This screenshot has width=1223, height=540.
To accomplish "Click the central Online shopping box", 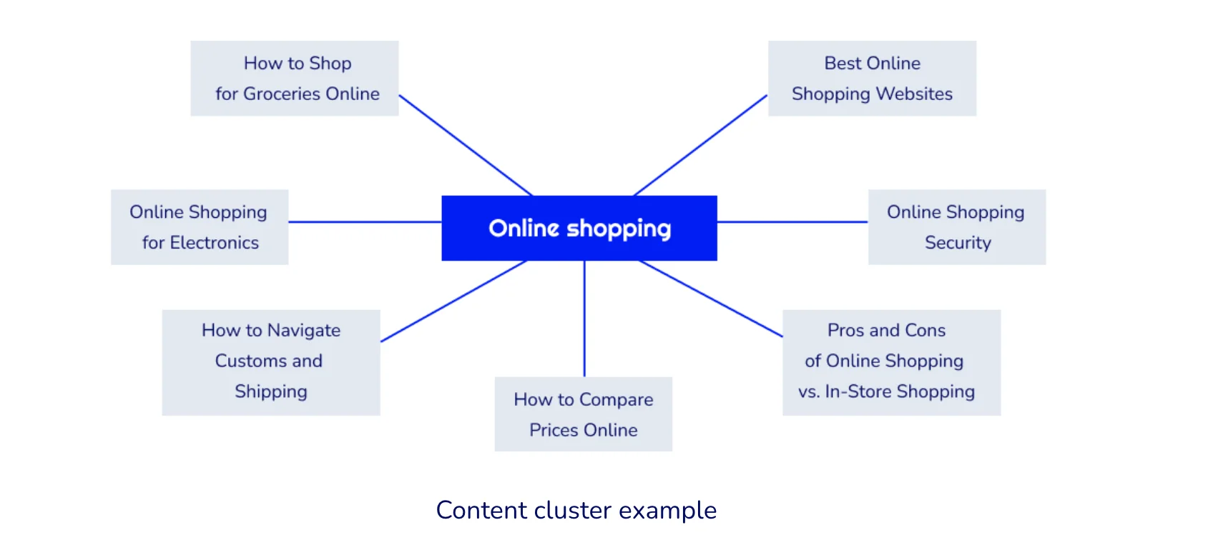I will coord(579,228).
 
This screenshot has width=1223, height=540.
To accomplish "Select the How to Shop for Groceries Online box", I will coord(295,79).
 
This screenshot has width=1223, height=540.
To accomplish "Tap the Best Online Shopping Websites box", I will coord(872,79).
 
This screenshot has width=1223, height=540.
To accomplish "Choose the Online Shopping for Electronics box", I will coord(200,227).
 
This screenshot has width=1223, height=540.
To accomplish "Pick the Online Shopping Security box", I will coord(957,227).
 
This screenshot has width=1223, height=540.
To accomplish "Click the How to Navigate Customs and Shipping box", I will coord(271,362).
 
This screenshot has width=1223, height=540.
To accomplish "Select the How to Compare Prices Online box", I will coord(583,414).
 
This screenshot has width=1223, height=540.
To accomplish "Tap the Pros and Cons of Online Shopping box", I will coord(891,362).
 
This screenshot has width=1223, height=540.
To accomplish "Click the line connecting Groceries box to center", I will coord(466,146).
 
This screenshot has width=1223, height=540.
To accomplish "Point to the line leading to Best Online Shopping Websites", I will coord(701,146).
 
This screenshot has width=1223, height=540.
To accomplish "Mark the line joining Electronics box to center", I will coord(365,222).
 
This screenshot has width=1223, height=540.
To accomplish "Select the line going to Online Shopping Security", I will coord(792,222).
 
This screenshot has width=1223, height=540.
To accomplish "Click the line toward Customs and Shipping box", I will coord(454,301).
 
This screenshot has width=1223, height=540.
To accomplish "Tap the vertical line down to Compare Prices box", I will coord(584,319).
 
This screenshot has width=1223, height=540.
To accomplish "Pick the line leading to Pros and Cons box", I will coord(711,299).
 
